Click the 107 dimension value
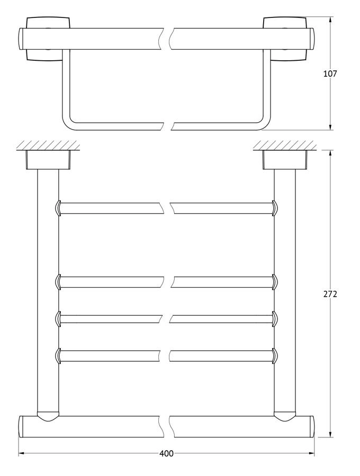pos(330,74)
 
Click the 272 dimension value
pos(330,294)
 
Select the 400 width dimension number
pos(166,462)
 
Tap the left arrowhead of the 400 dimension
pos(21,462)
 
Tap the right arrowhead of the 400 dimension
pos(312,462)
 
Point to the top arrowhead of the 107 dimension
pos(331,20)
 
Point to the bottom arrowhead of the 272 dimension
pos(331,434)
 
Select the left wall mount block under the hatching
pos(48,160)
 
